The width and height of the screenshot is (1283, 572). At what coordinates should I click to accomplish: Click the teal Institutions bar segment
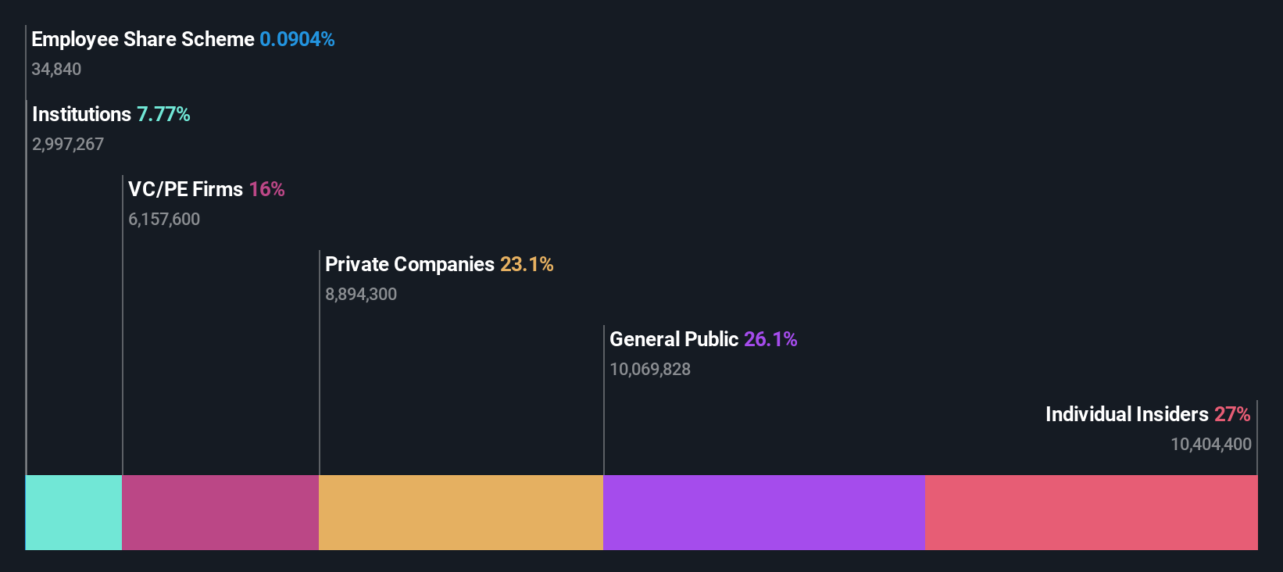(74, 512)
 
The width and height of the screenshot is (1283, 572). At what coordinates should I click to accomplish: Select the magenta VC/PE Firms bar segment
(220, 512)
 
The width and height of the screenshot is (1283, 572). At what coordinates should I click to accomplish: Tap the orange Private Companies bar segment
(461, 512)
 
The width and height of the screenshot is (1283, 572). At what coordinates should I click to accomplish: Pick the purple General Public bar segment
(764, 512)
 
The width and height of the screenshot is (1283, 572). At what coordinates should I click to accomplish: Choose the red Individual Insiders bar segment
(1091, 512)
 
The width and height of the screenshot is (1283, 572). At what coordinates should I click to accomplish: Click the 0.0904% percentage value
(297, 39)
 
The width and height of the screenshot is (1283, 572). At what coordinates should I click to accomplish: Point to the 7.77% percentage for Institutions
(163, 114)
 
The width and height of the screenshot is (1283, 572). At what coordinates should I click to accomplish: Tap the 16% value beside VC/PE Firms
(266, 189)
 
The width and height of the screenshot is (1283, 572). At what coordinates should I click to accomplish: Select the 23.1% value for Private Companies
(527, 264)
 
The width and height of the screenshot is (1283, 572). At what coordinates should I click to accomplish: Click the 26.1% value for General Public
(770, 339)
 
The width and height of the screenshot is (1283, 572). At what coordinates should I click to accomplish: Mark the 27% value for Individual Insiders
(1232, 414)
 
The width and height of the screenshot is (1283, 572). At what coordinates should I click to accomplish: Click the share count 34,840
(56, 69)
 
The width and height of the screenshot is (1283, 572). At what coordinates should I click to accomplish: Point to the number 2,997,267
(68, 144)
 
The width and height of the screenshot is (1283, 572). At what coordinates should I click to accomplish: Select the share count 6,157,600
(164, 219)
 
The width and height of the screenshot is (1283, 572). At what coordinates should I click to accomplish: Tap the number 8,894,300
(361, 294)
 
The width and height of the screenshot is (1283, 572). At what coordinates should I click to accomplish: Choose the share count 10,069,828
(650, 369)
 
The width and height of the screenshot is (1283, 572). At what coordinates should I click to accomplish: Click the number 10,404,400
(1210, 444)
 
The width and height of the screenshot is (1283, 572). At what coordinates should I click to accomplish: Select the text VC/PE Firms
(186, 189)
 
